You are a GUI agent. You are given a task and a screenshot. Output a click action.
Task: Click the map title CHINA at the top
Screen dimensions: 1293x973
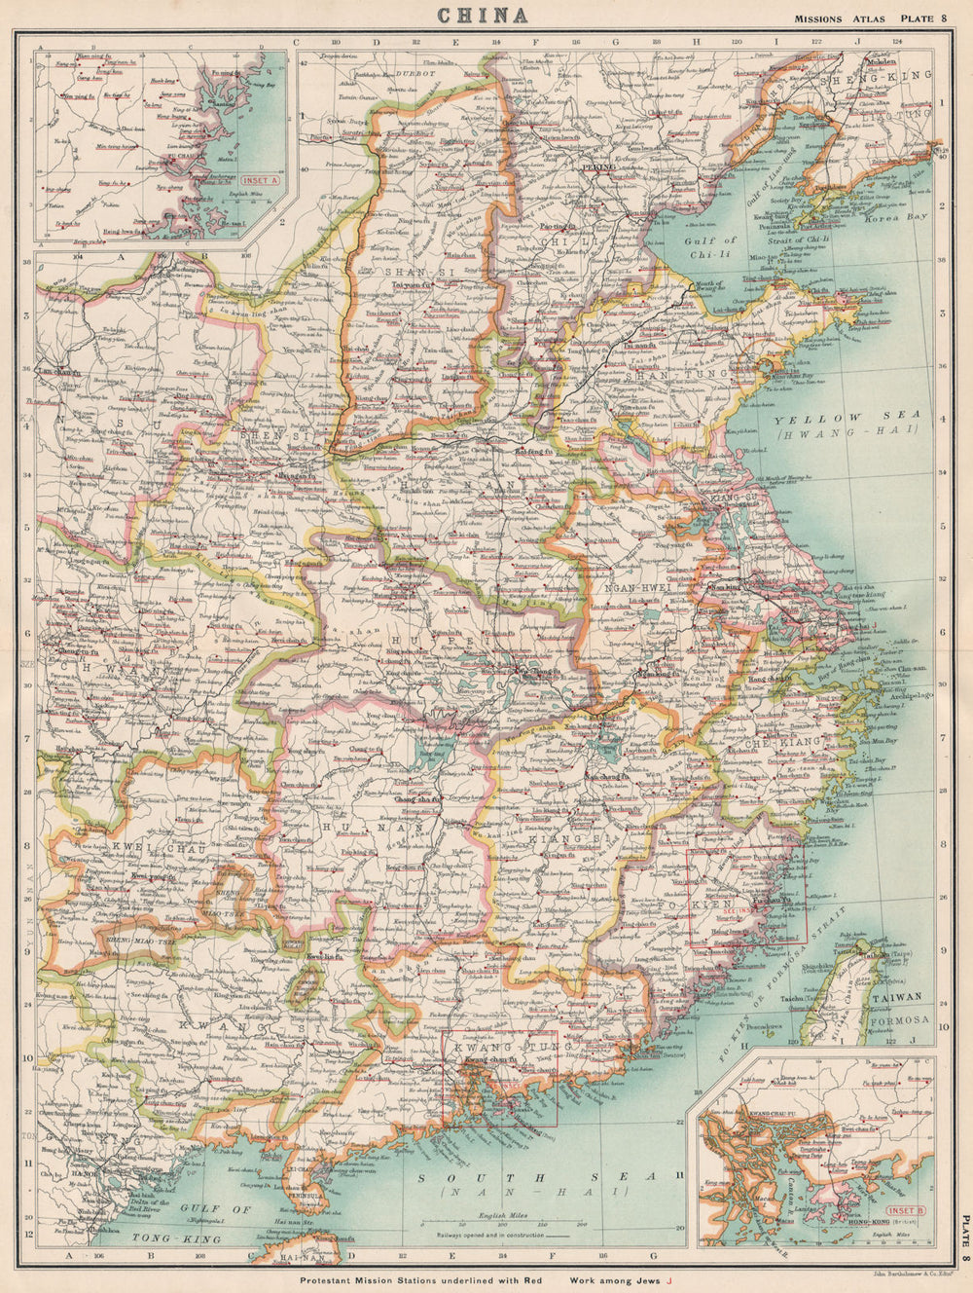(484, 15)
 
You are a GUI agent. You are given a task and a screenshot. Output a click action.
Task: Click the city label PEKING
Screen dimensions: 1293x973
(598, 167)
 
